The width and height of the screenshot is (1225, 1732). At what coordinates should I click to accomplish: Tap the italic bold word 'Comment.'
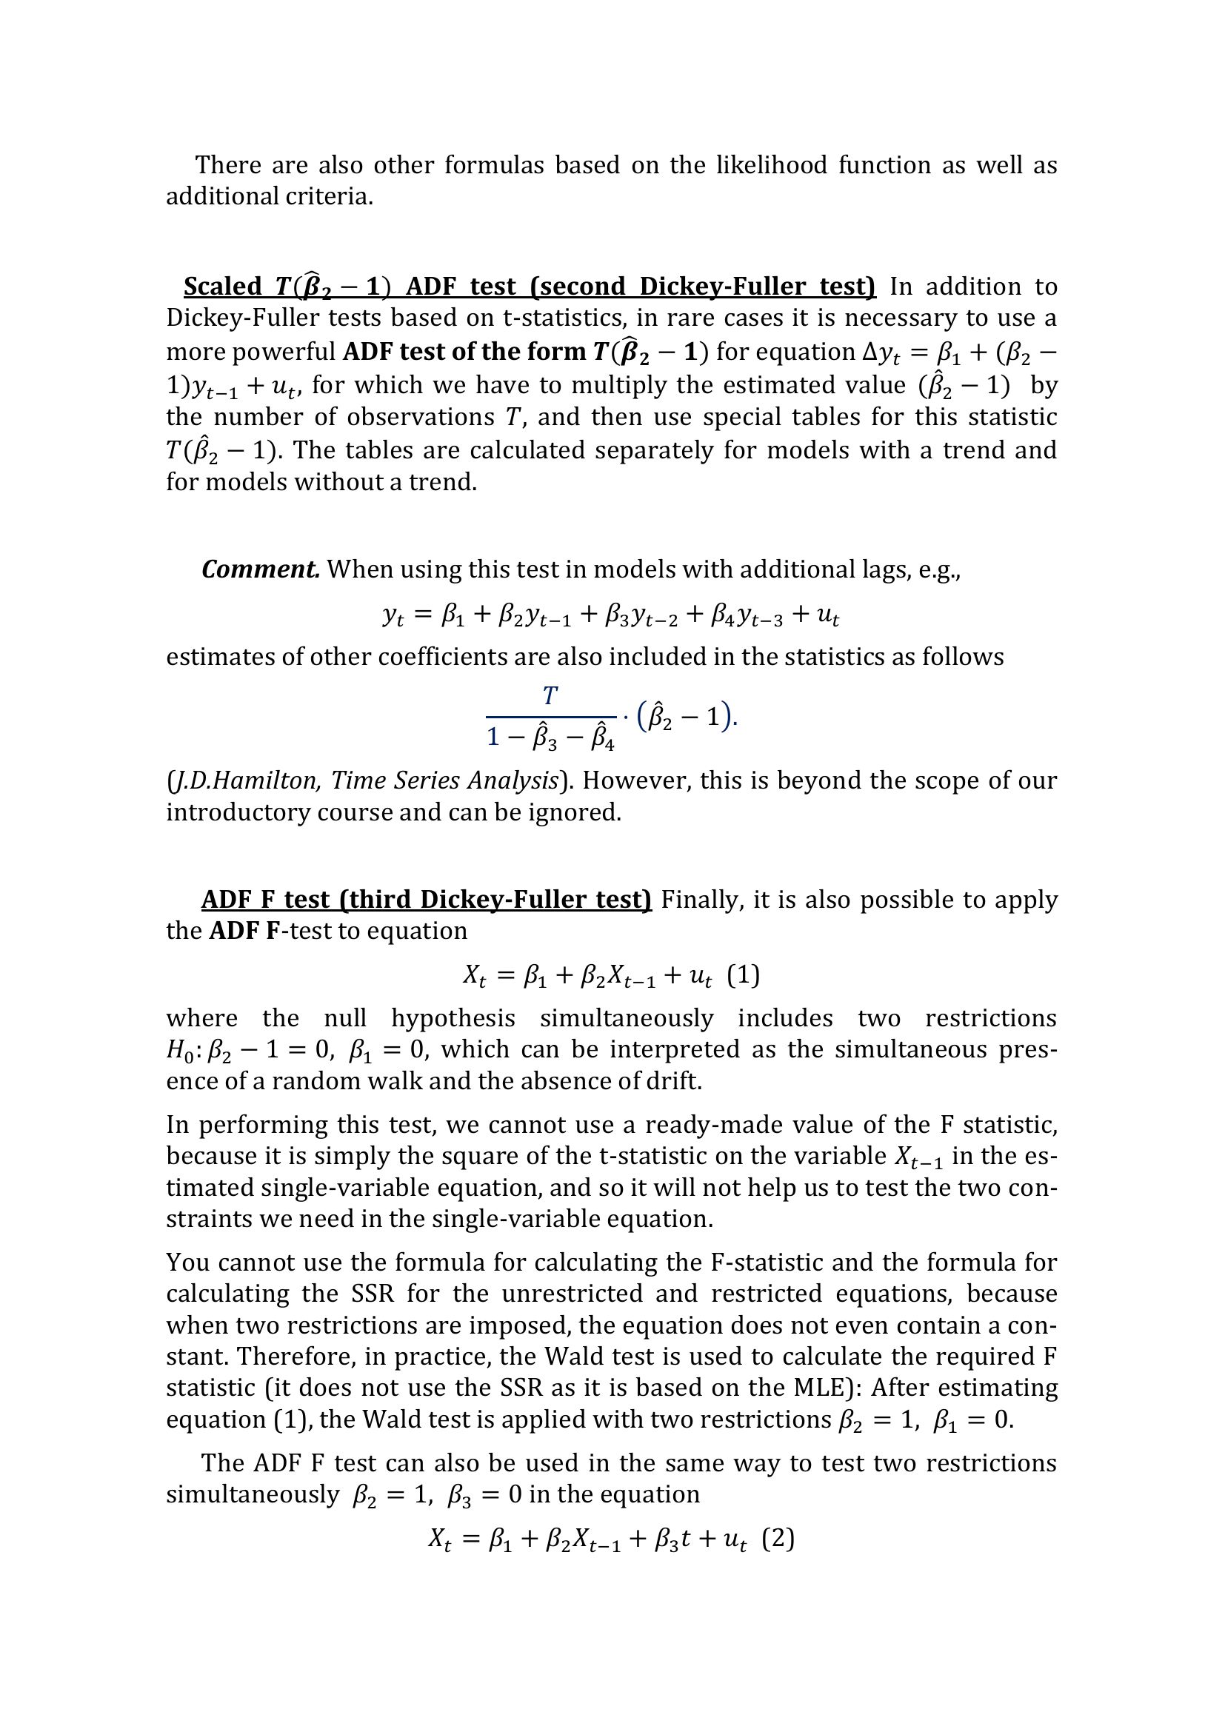coord(260,569)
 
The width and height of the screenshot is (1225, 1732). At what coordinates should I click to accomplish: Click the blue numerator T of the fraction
coord(550,695)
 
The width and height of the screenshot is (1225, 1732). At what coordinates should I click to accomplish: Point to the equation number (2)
coord(778,1538)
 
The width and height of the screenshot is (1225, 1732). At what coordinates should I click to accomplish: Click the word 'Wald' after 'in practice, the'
coord(569,1357)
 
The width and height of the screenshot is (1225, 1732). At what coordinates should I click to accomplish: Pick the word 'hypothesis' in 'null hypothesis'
coord(453,1018)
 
